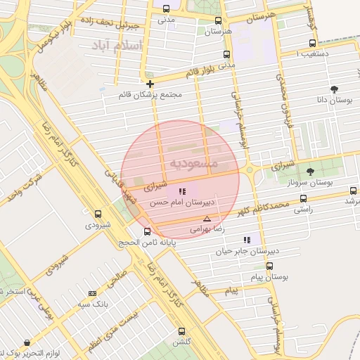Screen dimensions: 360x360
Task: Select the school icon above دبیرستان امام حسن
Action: [182, 191]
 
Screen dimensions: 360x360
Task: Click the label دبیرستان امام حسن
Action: [181, 202]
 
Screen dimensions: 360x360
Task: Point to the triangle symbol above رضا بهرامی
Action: [207, 219]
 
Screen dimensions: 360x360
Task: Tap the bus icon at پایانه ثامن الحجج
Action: [147, 231]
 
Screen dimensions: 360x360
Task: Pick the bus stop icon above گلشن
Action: [181, 330]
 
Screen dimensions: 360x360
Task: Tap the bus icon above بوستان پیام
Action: [270, 266]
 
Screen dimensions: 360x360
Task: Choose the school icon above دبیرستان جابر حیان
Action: [246, 240]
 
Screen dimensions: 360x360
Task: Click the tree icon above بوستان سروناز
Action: [310, 171]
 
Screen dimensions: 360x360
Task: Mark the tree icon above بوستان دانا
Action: [333, 89]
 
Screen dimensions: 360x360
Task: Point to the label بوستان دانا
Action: [329, 101]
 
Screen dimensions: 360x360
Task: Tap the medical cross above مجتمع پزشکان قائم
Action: [150, 84]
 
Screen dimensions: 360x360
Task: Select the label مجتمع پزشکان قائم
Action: [150, 95]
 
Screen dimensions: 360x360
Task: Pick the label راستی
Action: [303, 210]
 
